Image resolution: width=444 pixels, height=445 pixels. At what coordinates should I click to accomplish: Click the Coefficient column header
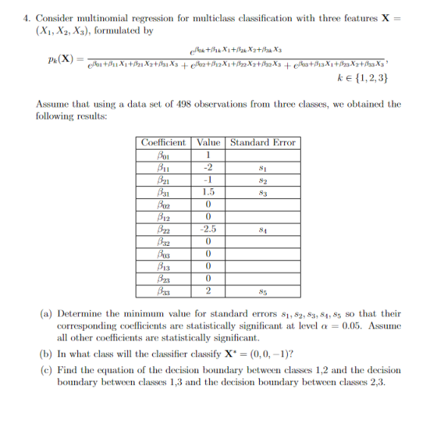pos(163,143)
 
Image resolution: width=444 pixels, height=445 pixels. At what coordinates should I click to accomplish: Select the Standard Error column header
pos(263,143)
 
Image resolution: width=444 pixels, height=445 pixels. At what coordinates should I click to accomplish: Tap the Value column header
pos(208,143)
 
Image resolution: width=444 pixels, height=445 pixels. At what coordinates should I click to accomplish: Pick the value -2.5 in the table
pos(208,229)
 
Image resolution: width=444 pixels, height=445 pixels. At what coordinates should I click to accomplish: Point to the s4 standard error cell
pos(263,229)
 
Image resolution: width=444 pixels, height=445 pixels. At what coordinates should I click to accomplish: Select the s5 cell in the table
pos(263,291)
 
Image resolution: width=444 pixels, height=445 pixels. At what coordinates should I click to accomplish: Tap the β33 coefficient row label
pos(163,291)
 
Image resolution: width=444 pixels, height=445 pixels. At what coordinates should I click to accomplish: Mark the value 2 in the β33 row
pos(208,291)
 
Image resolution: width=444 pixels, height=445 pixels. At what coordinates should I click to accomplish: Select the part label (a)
pos(44,313)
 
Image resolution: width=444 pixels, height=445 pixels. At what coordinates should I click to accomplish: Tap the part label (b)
pos(44,353)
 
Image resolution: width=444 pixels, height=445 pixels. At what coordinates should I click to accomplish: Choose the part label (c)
pos(44,370)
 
